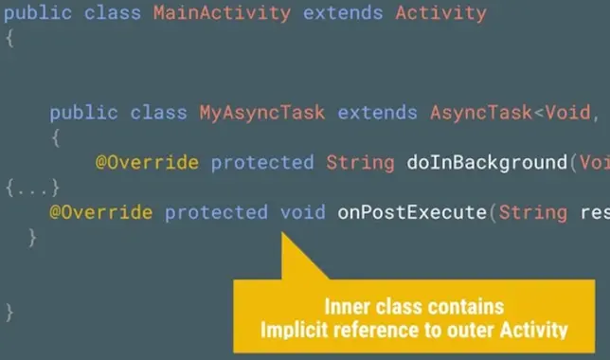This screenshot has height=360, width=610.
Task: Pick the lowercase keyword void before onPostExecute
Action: tap(302, 211)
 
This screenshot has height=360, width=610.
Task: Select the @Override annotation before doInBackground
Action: tap(147, 162)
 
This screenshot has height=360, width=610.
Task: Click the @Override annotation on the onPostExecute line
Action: tap(101, 211)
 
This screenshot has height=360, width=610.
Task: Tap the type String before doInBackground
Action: tap(360, 162)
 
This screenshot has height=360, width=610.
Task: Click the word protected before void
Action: tap(216, 211)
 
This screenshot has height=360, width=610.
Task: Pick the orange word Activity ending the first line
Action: tap(440, 14)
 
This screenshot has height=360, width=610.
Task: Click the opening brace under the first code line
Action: tap(9, 39)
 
